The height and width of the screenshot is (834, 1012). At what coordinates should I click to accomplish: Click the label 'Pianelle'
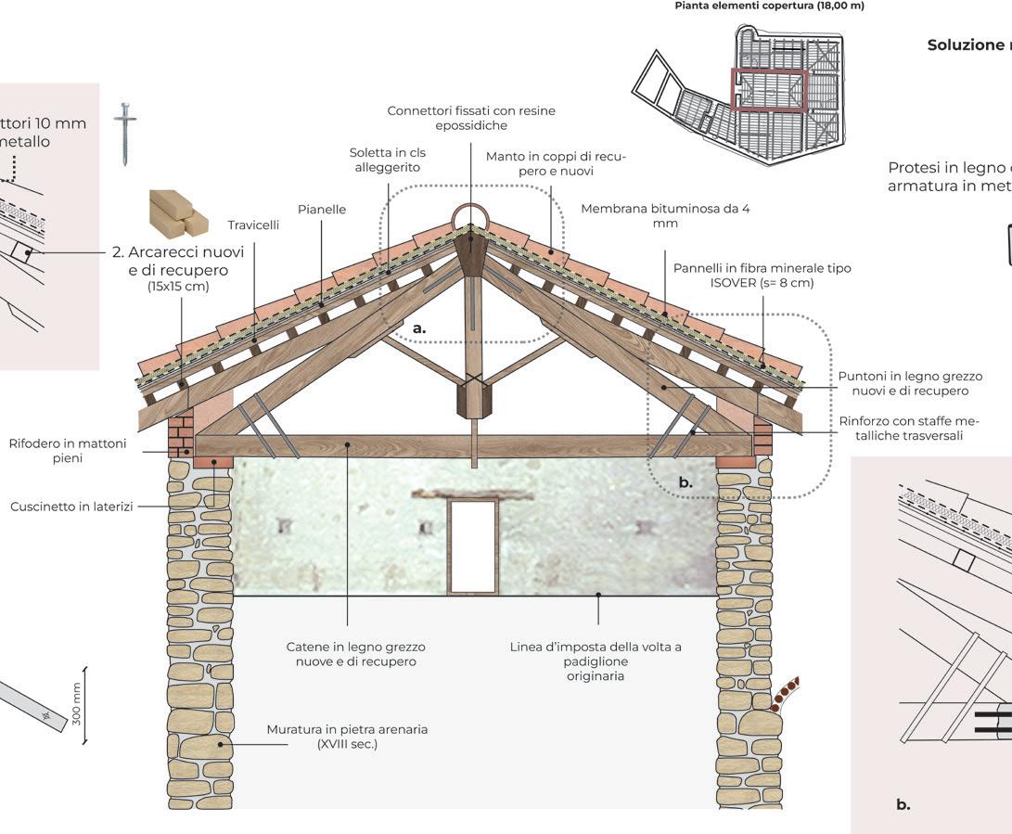[x=321, y=210]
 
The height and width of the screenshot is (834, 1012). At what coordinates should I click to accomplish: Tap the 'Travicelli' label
[x=253, y=225]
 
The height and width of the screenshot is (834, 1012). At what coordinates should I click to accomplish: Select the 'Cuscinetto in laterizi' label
[x=70, y=507]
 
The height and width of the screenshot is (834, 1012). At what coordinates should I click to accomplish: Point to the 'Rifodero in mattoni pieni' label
[x=68, y=451]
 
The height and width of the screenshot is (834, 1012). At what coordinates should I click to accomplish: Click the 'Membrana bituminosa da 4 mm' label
[x=665, y=215]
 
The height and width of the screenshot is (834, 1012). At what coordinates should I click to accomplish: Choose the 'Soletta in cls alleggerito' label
[x=386, y=160]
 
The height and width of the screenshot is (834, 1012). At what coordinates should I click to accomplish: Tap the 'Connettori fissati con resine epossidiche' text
[x=471, y=118]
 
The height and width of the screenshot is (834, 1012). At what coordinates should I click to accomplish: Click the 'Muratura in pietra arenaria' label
[x=347, y=737]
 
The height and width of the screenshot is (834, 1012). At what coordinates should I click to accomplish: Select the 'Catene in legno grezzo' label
[x=355, y=654]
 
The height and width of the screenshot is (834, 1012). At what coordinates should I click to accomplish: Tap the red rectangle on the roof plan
[x=769, y=90]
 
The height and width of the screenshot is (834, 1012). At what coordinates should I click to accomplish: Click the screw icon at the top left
[x=124, y=134]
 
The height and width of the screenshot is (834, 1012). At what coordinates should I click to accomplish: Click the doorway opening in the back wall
[x=472, y=547]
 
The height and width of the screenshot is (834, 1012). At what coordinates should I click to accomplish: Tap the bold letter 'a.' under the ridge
[x=419, y=327]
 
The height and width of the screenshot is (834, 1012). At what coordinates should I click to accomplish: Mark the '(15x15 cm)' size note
[x=178, y=287]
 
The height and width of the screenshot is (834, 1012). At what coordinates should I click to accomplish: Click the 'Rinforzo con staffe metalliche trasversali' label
[x=910, y=428]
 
